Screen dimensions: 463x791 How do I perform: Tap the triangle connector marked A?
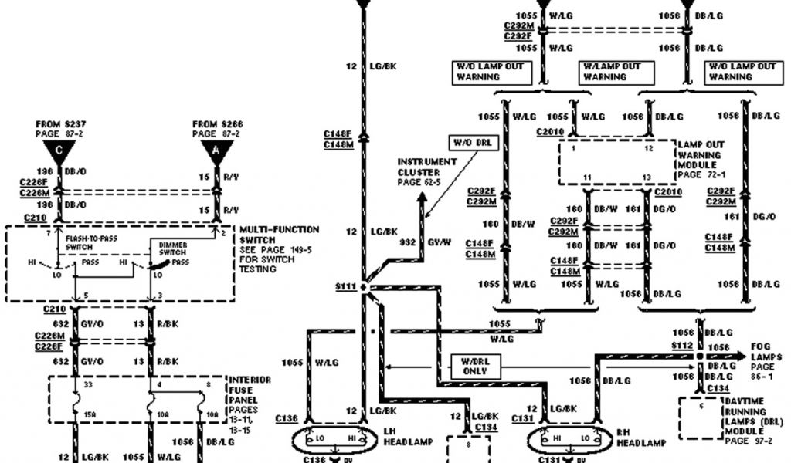pyautogui.click(x=216, y=149)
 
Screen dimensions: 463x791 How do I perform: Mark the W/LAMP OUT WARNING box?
pyautogui.click(x=616, y=72)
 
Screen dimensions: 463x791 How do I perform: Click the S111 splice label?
pyautogui.click(x=345, y=286)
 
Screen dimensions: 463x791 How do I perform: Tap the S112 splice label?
pyautogui.click(x=682, y=346)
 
